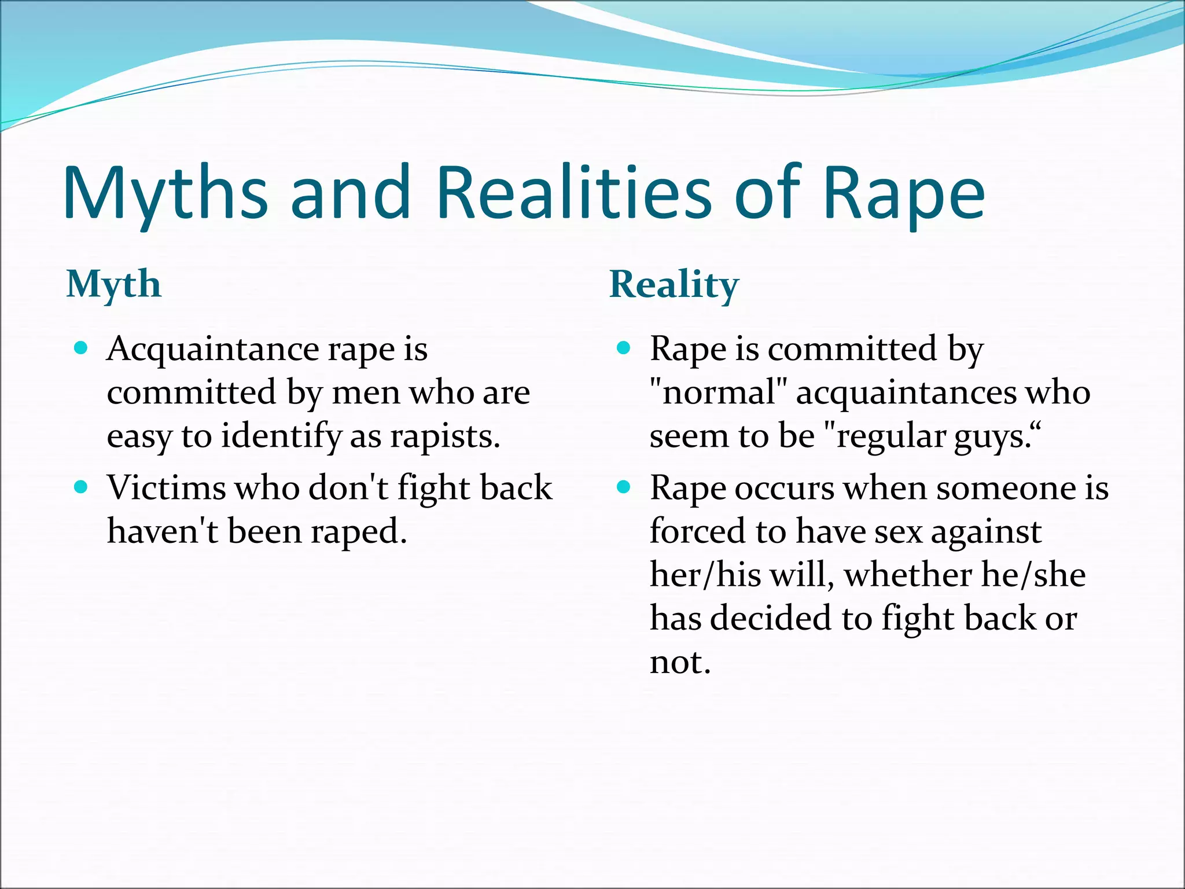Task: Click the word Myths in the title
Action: (165, 194)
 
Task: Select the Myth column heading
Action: (114, 285)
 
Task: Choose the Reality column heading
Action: (674, 285)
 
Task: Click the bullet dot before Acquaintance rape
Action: (81, 348)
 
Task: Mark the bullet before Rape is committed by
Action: (623, 348)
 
